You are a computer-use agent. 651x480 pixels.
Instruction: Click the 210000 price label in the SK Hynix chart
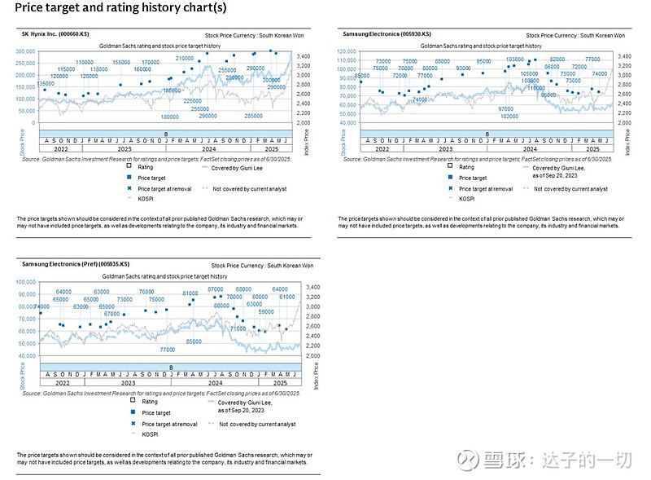click(x=185, y=59)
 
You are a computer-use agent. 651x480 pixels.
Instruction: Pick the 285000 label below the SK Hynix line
click(x=253, y=117)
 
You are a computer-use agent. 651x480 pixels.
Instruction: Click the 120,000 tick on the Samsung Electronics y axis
click(x=347, y=51)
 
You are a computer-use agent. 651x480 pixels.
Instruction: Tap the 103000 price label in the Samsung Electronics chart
click(x=514, y=59)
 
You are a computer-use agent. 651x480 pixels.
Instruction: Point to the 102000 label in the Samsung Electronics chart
click(x=509, y=117)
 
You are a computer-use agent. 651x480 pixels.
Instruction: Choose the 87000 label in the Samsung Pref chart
click(x=216, y=289)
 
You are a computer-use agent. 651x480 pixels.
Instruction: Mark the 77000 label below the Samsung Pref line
click(x=167, y=349)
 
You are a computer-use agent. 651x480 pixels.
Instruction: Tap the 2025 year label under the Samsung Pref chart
click(x=269, y=381)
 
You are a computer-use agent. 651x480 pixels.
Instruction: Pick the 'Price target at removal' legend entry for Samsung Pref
click(x=169, y=424)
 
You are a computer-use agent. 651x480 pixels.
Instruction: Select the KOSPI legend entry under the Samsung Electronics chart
click(x=466, y=198)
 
